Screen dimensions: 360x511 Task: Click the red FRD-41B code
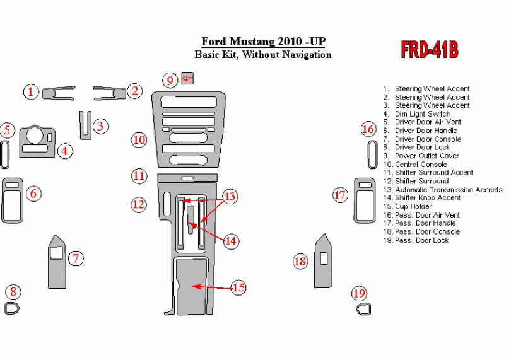pos(429,50)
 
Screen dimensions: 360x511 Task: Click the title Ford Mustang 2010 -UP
pos(264,42)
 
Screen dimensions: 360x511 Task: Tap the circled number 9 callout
pos(170,80)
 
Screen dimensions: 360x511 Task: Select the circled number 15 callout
pos(238,288)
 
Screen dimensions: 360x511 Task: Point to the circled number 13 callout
pos(230,197)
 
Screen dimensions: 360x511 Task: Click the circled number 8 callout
pos(13,292)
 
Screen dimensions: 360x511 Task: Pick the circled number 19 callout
pos(359,293)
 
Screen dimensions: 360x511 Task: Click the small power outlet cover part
pos(187,78)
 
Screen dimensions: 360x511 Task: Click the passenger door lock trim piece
pos(363,308)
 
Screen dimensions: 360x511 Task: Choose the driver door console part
pos(57,262)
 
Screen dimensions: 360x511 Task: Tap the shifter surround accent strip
pos(187,177)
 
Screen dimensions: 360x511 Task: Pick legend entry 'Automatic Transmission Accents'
pos(449,190)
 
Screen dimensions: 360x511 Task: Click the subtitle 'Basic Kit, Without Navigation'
pos(262,55)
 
